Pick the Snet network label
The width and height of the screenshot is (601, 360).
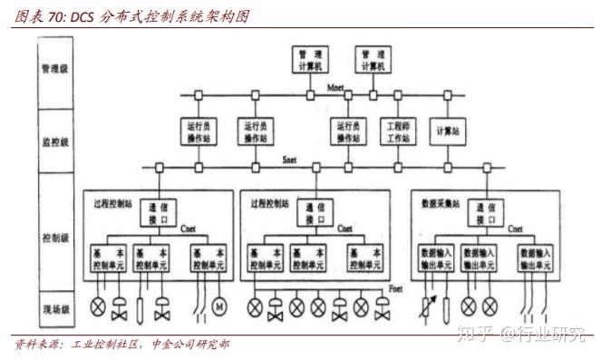[290, 160]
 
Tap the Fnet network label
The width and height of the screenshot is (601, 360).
[396, 288]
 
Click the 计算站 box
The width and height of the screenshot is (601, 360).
[446, 132]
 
